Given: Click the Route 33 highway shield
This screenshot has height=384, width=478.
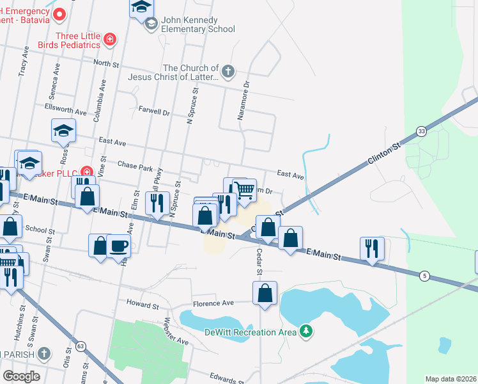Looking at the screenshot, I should coord(421,131).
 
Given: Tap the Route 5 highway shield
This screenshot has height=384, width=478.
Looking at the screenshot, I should coord(424,275).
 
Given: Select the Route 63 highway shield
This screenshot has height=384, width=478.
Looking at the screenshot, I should coord(80,346).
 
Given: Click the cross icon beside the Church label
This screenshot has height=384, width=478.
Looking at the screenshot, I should coord(228,69).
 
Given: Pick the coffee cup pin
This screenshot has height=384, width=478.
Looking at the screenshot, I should coord(119,246).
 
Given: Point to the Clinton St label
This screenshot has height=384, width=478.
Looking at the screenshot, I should coord(383,156).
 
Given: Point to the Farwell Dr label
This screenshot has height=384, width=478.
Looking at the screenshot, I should coord(154,111).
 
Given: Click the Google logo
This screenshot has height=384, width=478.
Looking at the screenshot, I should coord(21,376).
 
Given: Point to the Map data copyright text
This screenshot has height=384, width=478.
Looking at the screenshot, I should coord(451,379).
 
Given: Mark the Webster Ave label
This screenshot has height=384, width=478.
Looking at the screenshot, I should coord(176,332).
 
